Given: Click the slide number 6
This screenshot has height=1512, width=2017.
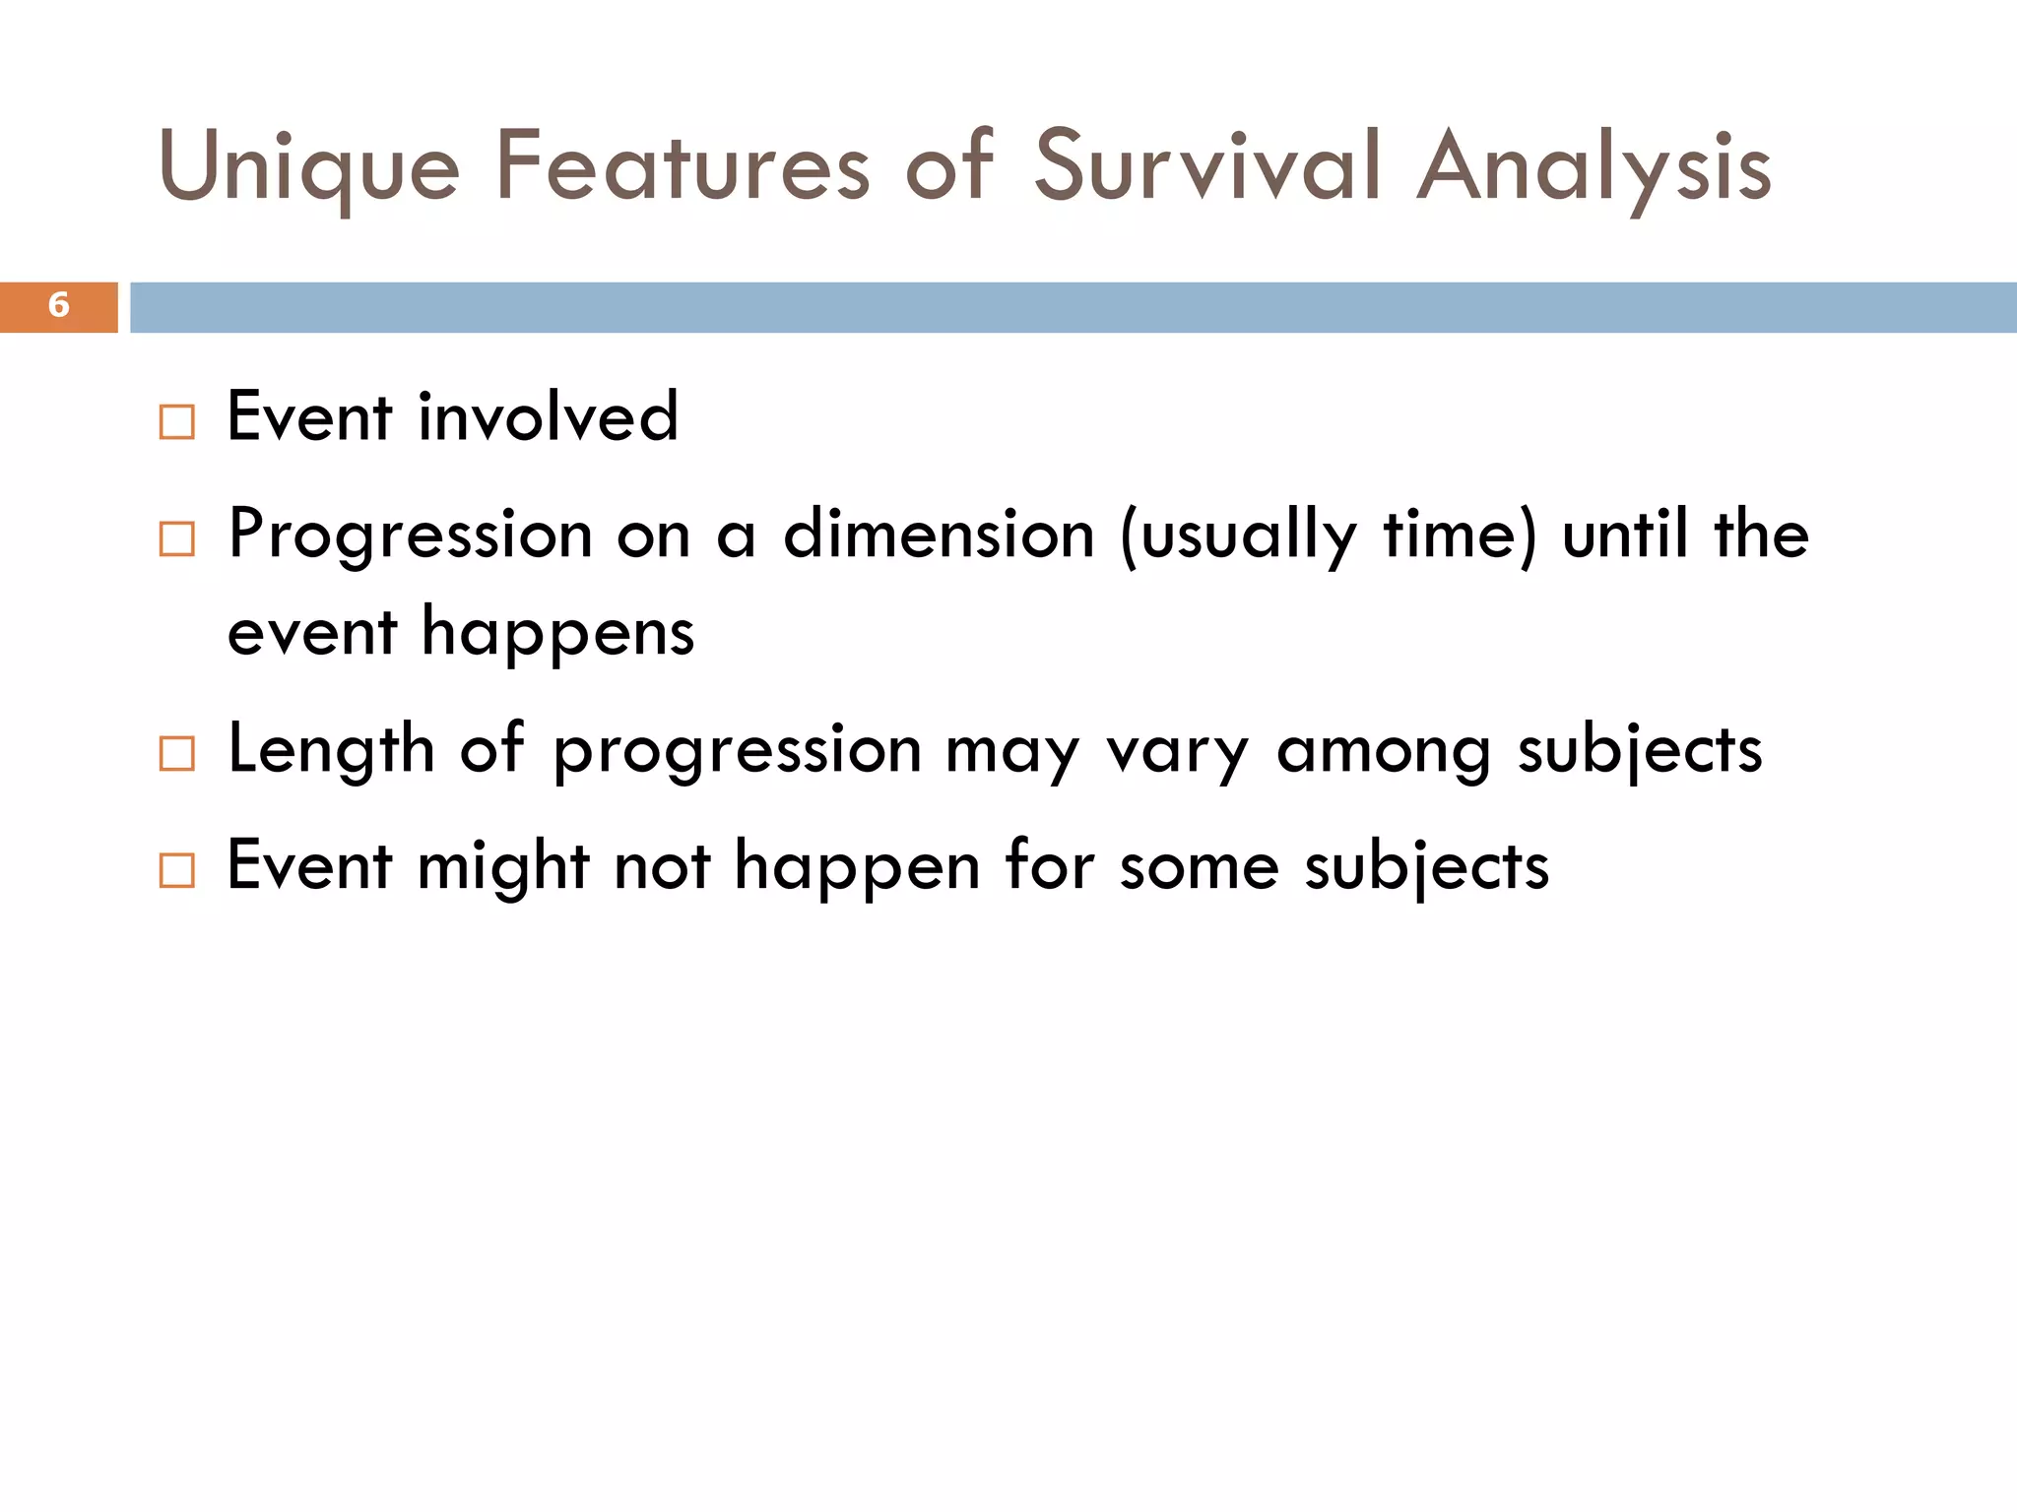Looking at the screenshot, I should [58, 305].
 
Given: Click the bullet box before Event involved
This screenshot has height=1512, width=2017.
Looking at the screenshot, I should [177, 422].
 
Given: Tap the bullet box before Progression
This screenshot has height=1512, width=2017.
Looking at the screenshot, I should [177, 539].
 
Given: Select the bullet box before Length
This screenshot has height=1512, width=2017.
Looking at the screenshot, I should [177, 754].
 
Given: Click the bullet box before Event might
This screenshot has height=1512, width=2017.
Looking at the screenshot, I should [177, 871].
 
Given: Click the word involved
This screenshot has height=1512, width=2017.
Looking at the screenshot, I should [549, 417].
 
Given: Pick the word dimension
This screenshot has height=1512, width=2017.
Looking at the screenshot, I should [939, 535].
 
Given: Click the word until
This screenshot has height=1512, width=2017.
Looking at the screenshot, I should [1625, 535].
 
